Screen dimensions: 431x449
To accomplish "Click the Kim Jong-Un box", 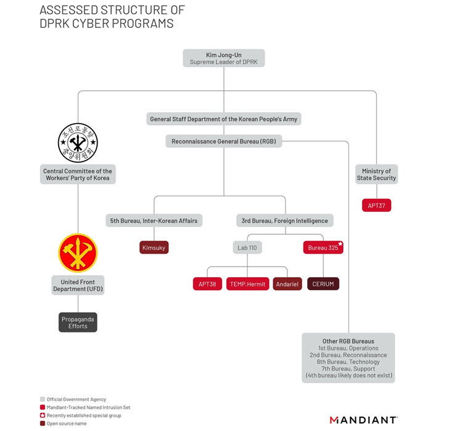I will click(224, 58).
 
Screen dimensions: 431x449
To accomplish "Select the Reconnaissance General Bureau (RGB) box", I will click(224, 142).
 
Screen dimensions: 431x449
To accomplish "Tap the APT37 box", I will click(376, 206).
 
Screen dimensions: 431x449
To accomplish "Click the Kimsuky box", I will click(154, 248).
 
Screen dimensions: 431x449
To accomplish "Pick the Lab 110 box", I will click(247, 248).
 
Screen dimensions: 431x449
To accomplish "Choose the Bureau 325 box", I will click(323, 248).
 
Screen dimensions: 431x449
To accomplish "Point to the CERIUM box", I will click(323, 284).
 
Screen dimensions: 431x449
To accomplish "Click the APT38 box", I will click(207, 284).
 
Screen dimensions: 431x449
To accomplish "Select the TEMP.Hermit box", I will click(247, 284).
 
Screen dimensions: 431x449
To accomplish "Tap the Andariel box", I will click(287, 284).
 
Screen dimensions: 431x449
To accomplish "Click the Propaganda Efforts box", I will click(78, 322).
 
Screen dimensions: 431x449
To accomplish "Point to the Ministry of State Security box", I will click(376, 174).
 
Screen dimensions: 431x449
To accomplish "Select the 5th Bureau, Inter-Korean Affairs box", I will click(154, 220).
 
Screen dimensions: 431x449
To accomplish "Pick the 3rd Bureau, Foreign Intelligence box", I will click(285, 220).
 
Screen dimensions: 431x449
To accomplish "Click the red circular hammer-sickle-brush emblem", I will click(78, 252).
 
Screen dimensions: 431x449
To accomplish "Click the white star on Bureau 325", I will click(339, 244).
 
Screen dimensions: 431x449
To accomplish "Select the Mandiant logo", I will click(363, 420).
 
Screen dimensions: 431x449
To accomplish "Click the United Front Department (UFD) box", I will click(78, 285).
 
